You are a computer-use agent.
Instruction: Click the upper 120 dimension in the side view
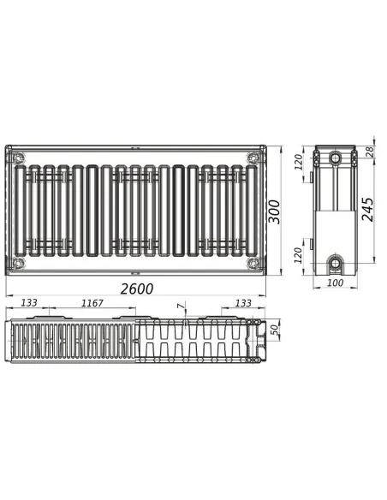pos(300,161)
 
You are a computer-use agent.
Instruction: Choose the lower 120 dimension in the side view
pos(300,254)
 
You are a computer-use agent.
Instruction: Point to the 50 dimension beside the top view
pos(274,330)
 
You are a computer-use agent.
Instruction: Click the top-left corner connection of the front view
pos(18,157)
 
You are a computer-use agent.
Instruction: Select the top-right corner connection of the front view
pos(253,157)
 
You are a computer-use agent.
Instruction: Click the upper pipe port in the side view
pos(334,158)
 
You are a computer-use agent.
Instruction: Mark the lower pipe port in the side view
pos(334,260)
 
